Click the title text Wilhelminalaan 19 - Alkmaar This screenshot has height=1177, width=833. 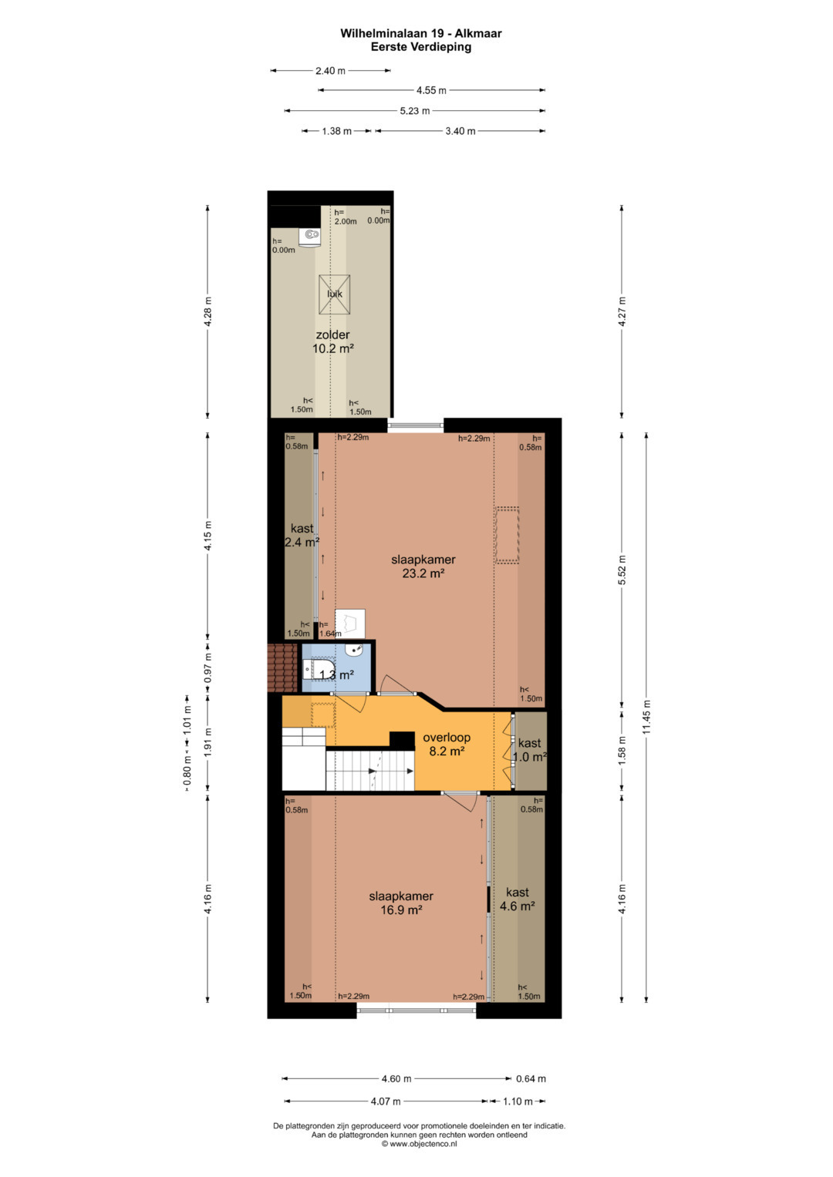pyautogui.click(x=420, y=34)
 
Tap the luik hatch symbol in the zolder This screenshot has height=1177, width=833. pyautogui.click(x=334, y=294)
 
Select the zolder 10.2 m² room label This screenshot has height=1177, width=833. pyautogui.click(x=332, y=341)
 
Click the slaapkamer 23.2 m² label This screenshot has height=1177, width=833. pyautogui.click(x=423, y=566)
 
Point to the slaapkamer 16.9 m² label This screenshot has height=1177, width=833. pyautogui.click(x=401, y=903)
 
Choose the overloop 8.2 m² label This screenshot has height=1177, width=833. pyautogui.click(x=447, y=745)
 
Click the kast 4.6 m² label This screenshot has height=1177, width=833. pyautogui.click(x=518, y=899)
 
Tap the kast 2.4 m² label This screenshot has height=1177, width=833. pyautogui.click(x=302, y=535)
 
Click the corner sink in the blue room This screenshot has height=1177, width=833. pyautogui.click(x=355, y=651)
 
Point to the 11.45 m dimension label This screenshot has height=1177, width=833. pyautogui.click(x=646, y=718)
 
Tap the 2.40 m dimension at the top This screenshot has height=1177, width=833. pyautogui.click(x=330, y=70)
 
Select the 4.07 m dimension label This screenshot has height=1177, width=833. pyautogui.click(x=386, y=1101)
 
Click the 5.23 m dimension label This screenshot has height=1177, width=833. pyautogui.click(x=415, y=111)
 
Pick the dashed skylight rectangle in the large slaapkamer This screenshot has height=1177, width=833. pyautogui.click(x=508, y=535)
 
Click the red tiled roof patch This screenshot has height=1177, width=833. pyautogui.click(x=283, y=668)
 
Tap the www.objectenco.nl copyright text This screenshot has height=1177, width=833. pyautogui.click(x=419, y=1143)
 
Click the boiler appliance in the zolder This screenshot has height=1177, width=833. pyautogui.click(x=309, y=236)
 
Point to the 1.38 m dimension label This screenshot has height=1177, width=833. pyautogui.click(x=336, y=131)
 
